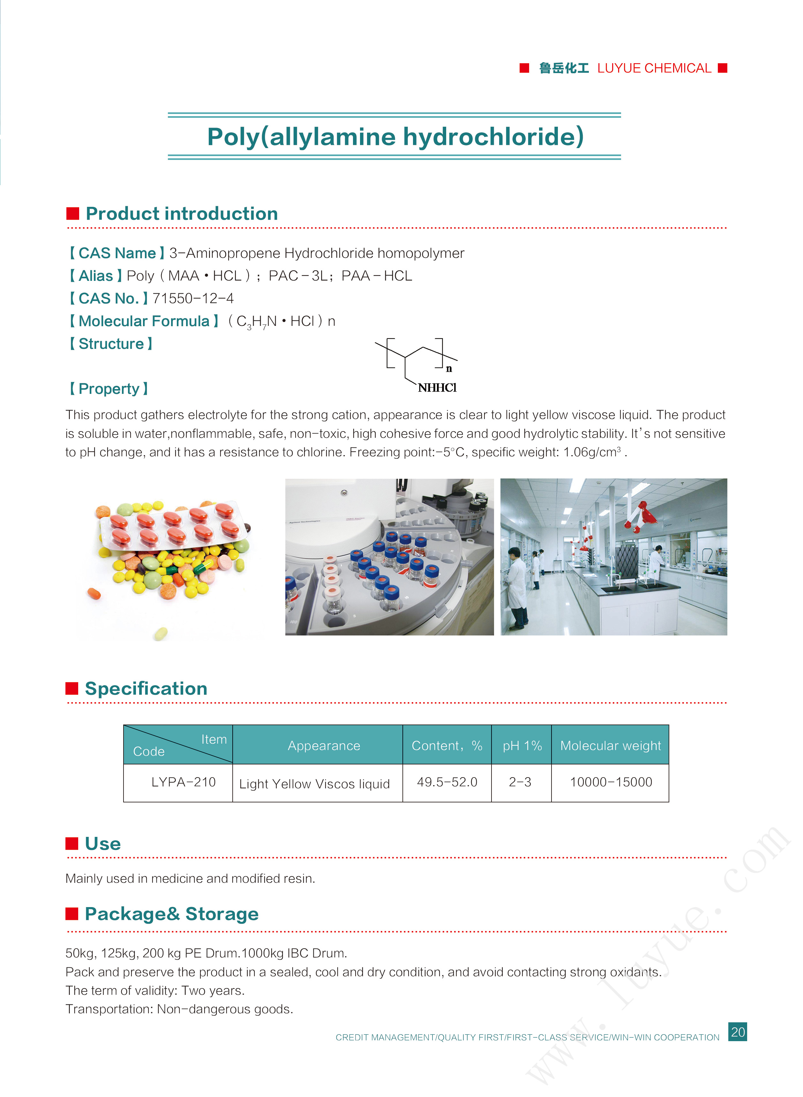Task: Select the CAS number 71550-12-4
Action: [193, 298]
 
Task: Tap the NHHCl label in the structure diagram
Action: [437, 387]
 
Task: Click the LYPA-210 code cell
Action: [183, 782]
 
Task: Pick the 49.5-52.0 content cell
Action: [447, 782]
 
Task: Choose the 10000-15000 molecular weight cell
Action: [611, 782]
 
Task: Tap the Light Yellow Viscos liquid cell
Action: [314, 784]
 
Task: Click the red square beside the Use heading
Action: [72, 843]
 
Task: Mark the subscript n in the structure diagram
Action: [449, 369]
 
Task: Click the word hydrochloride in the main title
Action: [493, 137]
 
